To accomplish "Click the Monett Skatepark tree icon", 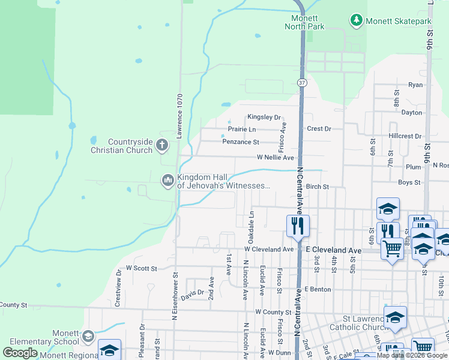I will (357, 21).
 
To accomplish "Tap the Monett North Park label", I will (304, 23).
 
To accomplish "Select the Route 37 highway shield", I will (303, 83).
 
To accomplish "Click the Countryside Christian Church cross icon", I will (161, 145).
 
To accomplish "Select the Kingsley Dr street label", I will (264, 117).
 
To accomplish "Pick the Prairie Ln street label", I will (242, 129).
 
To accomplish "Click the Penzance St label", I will (240, 142).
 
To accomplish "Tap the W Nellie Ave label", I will (276, 157).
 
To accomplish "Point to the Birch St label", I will (318, 187).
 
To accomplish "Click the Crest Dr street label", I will (319, 128).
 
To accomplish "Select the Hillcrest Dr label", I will (405, 136).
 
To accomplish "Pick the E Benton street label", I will (318, 289).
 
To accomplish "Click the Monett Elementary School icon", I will (89, 336).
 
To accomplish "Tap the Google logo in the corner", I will (20, 353).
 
